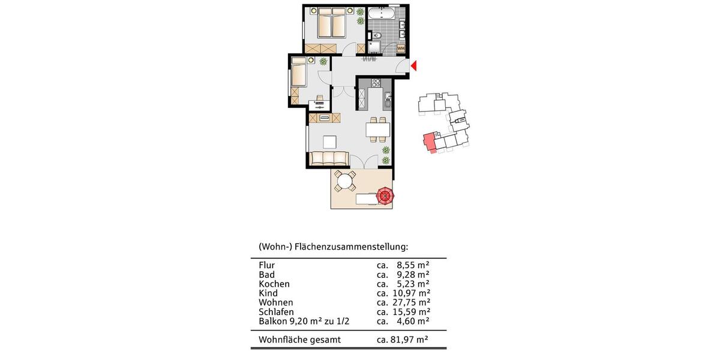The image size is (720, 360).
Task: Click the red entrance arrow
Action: coord(413,65)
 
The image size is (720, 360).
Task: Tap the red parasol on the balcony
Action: coord(384,195)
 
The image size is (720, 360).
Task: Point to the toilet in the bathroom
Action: coord(376,38)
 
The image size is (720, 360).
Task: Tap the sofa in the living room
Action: coord(329,158)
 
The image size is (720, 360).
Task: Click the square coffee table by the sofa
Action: coord(329,142)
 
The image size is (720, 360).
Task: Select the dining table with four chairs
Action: coord(377,128)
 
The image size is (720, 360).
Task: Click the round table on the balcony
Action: coord(344,181)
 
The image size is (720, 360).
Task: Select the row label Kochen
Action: coord(274,284)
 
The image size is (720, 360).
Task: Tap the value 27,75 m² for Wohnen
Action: coord(412,302)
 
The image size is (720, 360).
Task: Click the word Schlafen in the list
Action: coord(277,312)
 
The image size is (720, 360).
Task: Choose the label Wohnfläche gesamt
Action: coord(299,340)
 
